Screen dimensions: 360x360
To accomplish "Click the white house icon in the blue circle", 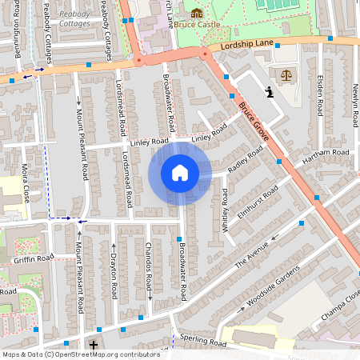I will point(179,173).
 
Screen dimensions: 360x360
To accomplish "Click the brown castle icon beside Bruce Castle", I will point(196,12).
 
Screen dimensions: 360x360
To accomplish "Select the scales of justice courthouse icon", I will point(286,74).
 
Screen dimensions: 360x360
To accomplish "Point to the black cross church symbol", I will point(94,345).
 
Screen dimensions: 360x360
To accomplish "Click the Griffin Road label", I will point(33,259).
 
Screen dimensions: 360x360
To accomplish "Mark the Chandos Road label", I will point(149,274).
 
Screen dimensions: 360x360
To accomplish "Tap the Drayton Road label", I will point(114,274).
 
